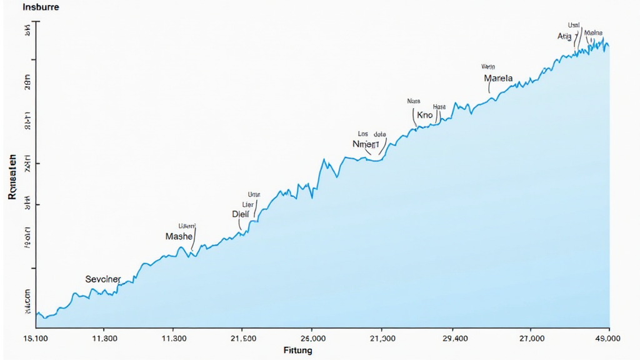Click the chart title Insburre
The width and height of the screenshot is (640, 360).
41,8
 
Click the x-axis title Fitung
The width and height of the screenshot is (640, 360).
297,351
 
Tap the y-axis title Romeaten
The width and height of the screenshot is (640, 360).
12,177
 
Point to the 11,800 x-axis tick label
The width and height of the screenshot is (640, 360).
104,338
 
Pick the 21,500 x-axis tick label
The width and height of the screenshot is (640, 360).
242,338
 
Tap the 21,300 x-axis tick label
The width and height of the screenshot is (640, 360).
382,338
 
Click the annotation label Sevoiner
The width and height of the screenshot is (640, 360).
102,279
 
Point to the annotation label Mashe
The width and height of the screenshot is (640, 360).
179,236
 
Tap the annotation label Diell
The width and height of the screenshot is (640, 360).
240,214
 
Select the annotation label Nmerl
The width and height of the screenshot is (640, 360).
366,144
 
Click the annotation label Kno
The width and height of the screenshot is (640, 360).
424,116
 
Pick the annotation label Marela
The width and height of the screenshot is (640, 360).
498,79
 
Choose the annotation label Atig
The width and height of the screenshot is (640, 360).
564,37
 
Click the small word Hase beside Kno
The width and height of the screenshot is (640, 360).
439,107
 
